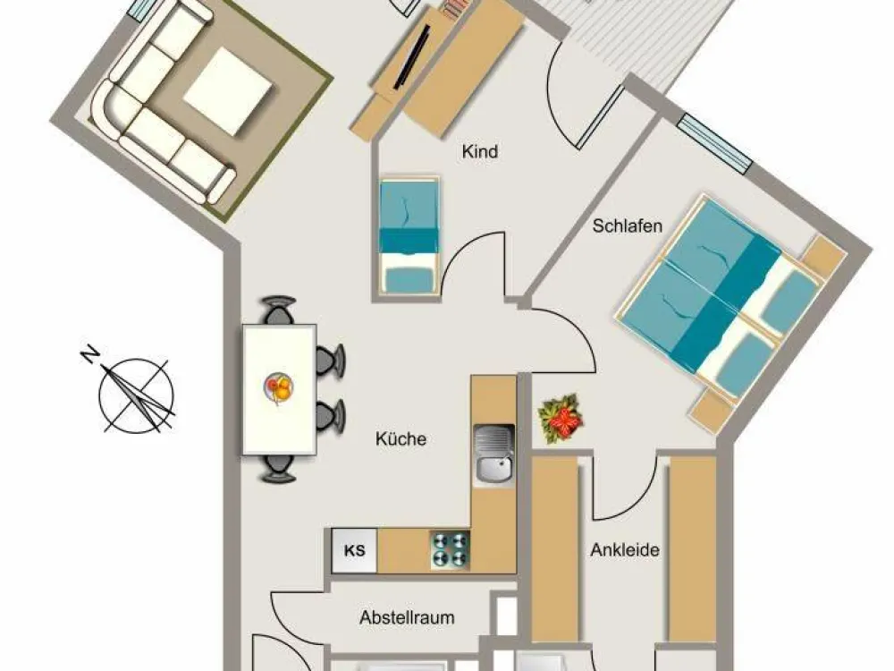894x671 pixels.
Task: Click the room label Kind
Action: coord(479,152)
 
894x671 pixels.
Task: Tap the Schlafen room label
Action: coord(628,226)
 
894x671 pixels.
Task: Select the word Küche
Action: coord(401,438)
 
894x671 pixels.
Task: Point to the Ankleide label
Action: coord(625,550)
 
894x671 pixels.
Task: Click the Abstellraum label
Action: coord(407,617)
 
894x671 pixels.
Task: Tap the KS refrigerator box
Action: coord(354,550)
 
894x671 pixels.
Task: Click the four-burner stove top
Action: coord(450,549)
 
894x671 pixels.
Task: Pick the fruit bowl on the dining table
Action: coord(278,388)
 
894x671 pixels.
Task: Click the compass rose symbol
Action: coord(136,394)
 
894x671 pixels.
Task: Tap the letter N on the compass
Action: coord(89,355)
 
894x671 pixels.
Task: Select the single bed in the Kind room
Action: coord(409,235)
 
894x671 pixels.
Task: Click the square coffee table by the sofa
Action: coord(228,91)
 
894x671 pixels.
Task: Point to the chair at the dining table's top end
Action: coord(278,310)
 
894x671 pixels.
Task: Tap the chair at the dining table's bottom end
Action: coord(278,469)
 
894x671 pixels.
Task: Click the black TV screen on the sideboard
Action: coord(411,55)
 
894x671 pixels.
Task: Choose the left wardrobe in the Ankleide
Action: coord(555,549)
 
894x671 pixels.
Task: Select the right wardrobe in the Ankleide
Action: coord(692,549)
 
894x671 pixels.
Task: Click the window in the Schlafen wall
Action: coord(715,144)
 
